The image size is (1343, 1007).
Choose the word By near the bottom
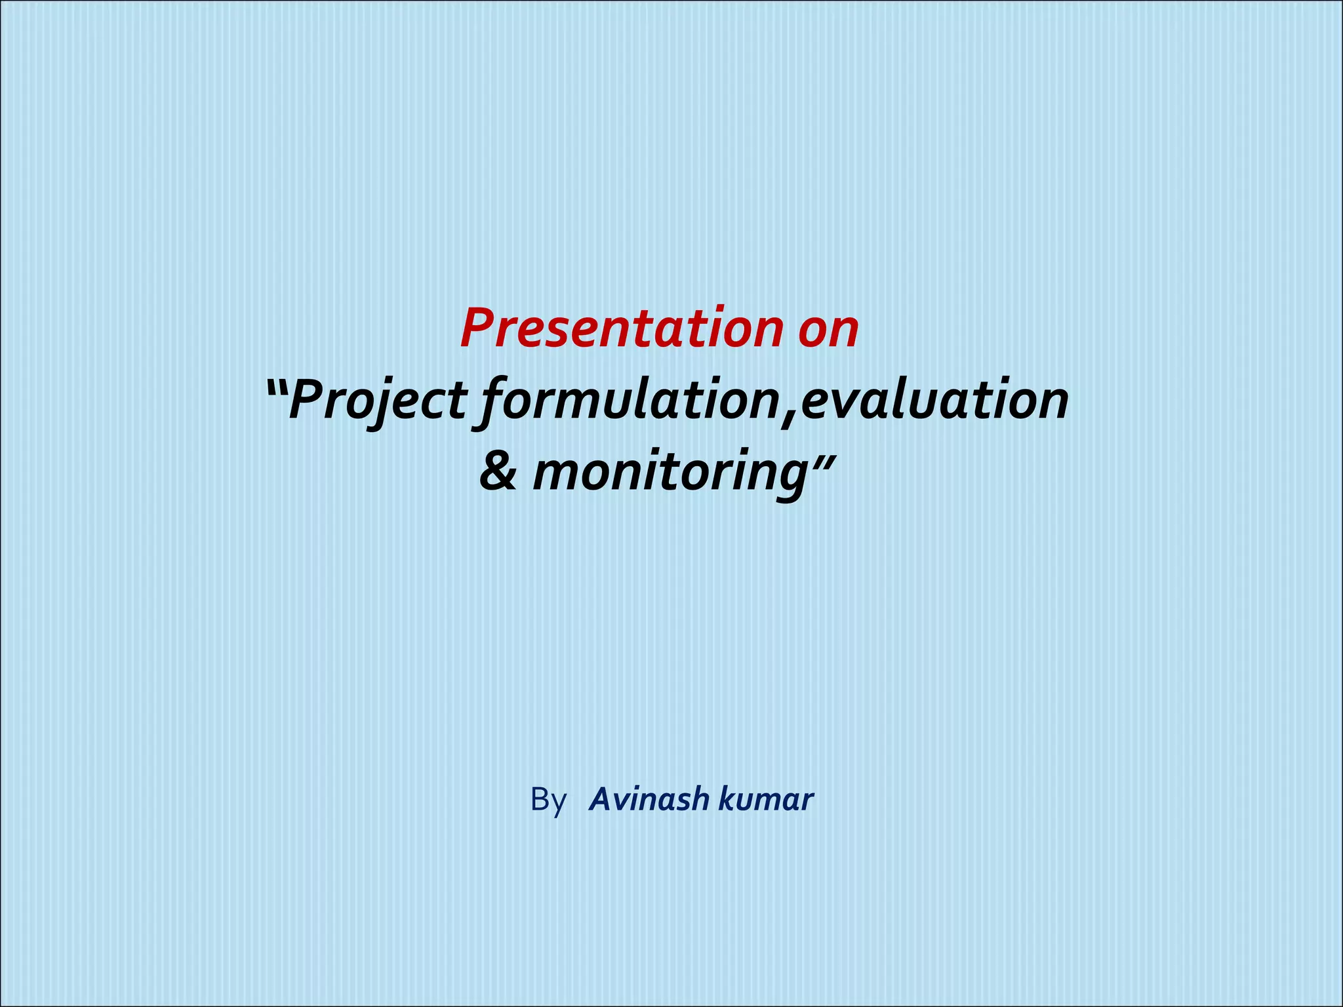[548, 800]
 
